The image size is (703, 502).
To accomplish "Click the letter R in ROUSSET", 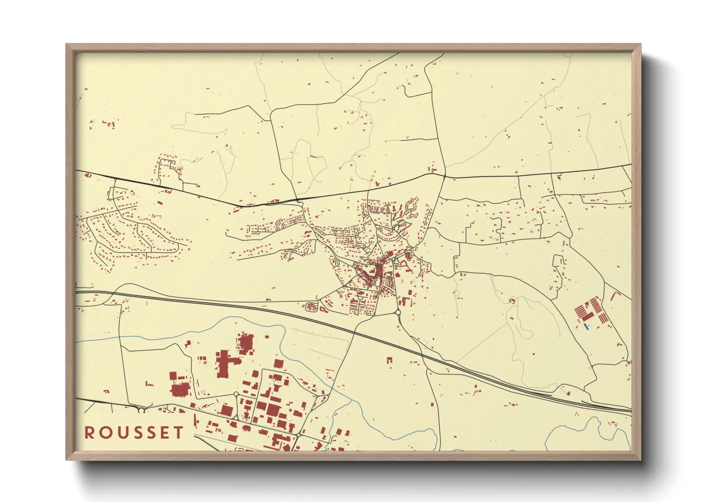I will pos(89,433).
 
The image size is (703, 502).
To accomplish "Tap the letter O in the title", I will pos(104,433).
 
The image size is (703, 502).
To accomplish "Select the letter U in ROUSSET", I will pos(120,433).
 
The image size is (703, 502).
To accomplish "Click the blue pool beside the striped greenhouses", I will pos(586,326).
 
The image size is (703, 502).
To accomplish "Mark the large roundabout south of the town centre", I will pos(397,312).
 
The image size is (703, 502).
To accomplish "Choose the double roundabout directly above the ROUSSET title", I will pos(141,410).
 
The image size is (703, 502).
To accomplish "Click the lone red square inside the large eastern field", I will pos(512,301).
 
